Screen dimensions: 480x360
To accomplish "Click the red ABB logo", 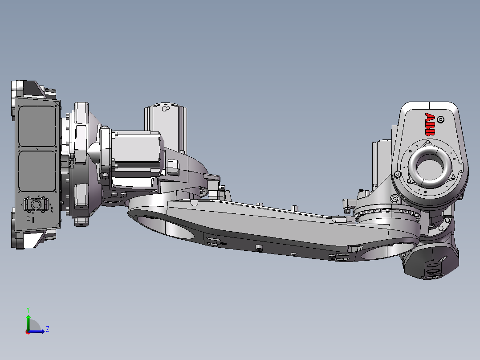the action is tap(430, 124).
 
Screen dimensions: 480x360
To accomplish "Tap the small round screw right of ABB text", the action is tap(441, 119).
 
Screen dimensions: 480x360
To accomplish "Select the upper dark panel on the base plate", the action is tap(37, 127).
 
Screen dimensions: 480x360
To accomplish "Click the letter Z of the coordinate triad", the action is tap(47, 329).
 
